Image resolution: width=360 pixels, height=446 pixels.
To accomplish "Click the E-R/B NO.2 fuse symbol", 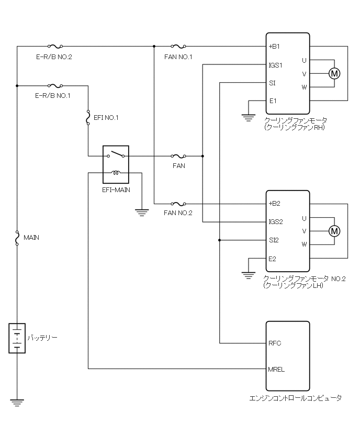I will pyautogui.click(x=55, y=47).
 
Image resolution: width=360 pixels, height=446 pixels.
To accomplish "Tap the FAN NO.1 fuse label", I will pyautogui.click(x=178, y=57).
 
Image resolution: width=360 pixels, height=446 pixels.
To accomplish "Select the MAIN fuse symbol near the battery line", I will pyautogui.click(x=17, y=238).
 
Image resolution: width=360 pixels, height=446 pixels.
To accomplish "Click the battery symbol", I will pyautogui.click(x=17, y=338).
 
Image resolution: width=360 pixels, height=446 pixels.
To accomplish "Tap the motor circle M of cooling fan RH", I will pyautogui.click(x=334, y=74).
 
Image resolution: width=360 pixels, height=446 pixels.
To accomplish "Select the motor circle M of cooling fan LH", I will pyautogui.click(x=334, y=231).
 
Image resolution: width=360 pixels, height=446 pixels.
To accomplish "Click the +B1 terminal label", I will pyautogui.click(x=275, y=47).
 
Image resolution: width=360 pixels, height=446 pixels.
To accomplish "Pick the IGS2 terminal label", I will pyautogui.click(x=276, y=222).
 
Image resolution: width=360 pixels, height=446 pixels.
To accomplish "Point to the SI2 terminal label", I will pyautogui.click(x=274, y=240).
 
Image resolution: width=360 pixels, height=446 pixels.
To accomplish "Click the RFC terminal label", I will pyautogui.click(x=275, y=343).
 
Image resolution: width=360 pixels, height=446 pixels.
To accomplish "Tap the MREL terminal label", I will pyautogui.click(x=276, y=369).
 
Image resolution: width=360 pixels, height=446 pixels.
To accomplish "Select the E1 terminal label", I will pyautogui.click(x=273, y=101).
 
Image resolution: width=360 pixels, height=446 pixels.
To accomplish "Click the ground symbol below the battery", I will pyautogui.click(x=17, y=403).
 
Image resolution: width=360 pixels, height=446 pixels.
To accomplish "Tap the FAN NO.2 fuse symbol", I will pyautogui.click(x=178, y=204).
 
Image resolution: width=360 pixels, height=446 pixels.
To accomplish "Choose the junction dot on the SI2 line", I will pyautogui.click(x=220, y=240).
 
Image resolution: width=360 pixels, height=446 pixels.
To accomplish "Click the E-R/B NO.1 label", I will pyautogui.click(x=53, y=96).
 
